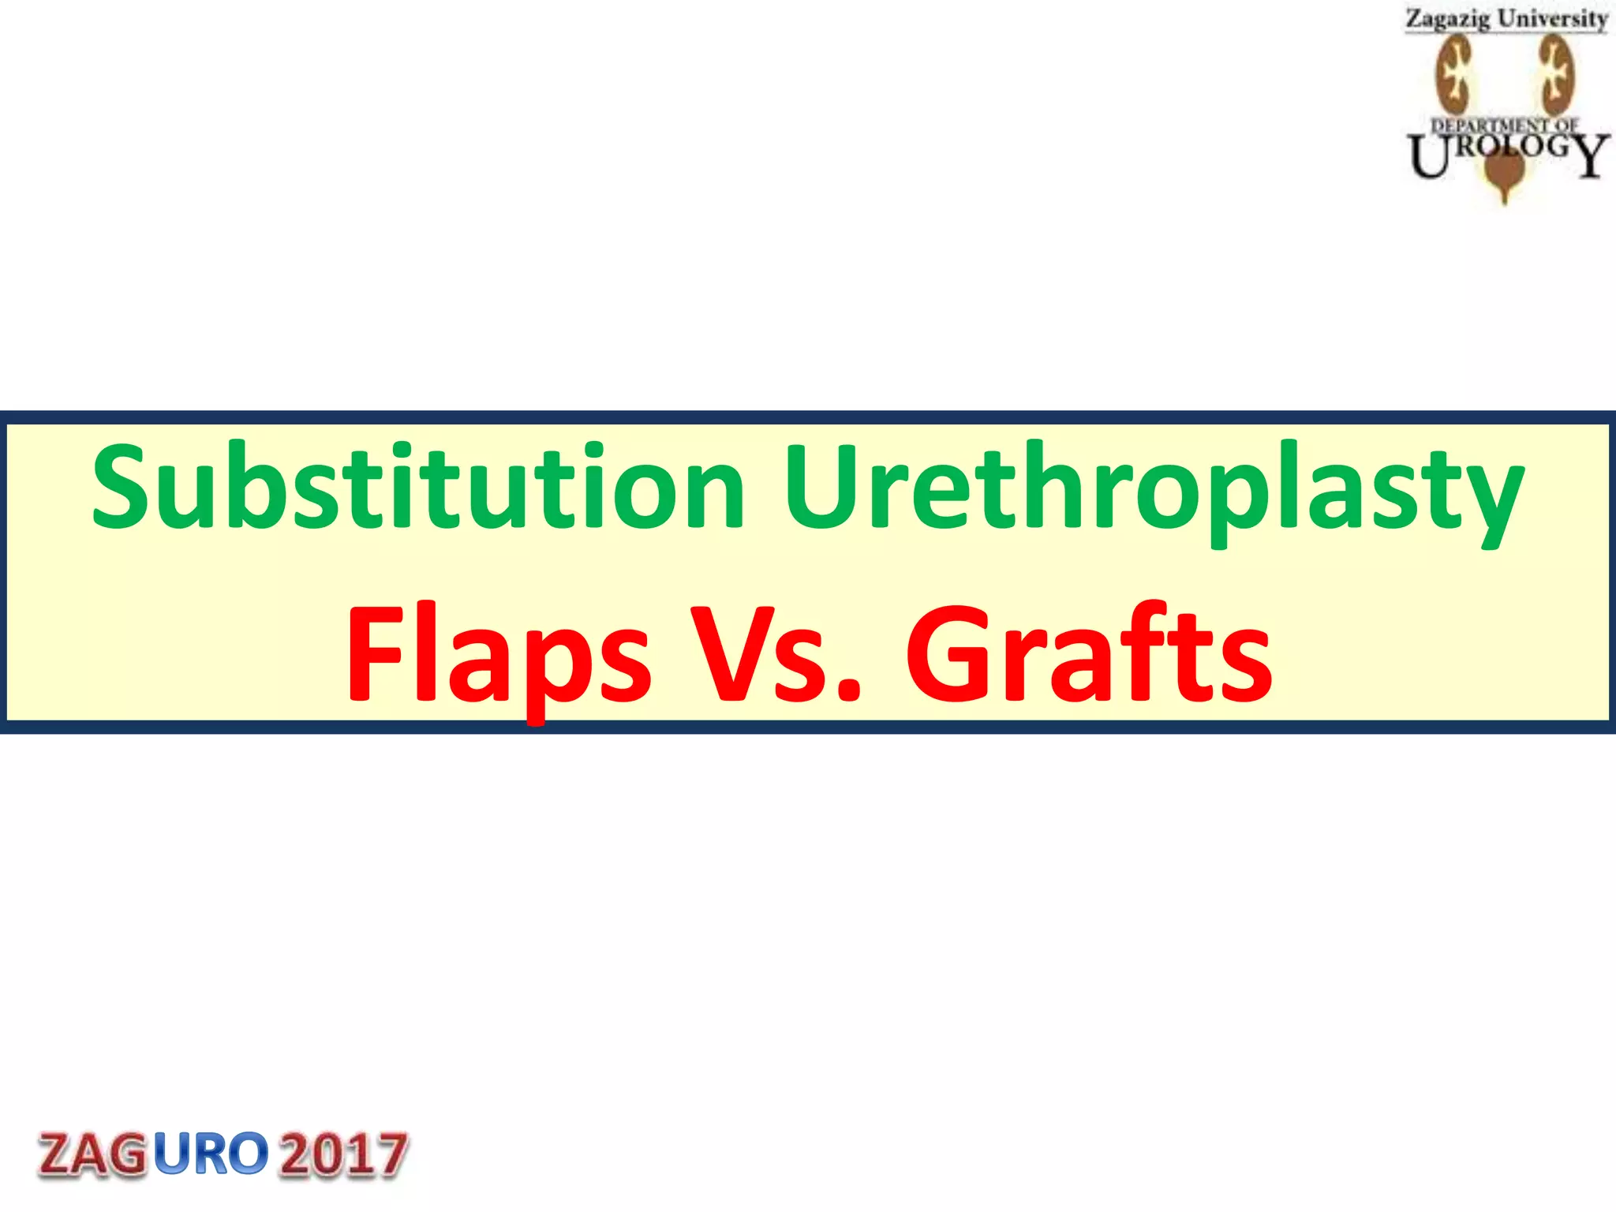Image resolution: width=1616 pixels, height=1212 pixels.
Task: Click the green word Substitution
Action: coord(418,487)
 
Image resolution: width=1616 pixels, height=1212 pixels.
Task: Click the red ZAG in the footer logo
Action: coord(92,1154)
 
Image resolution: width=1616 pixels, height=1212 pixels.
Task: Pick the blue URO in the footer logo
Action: coord(211,1154)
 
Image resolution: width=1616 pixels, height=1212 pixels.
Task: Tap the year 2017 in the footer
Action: coord(344,1154)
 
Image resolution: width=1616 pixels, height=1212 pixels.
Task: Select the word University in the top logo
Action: coord(1552,19)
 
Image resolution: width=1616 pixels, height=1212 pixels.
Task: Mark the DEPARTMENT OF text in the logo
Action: coord(1505,125)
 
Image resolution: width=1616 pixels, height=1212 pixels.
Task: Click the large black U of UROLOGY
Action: coord(1429,156)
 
